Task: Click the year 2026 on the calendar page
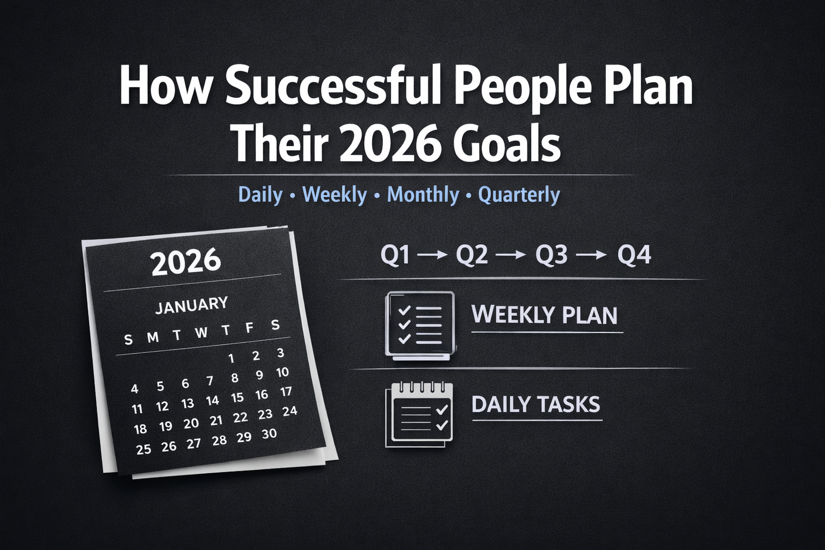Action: click(186, 262)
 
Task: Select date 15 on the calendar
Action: click(237, 398)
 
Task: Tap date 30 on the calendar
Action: click(269, 434)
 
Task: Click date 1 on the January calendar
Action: click(231, 358)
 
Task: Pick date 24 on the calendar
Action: click(290, 411)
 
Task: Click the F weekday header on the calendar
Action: click(249, 328)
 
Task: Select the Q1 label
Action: click(395, 255)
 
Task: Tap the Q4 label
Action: click(634, 255)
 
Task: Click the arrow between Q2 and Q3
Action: click(512, 256)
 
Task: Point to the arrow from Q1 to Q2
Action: click(432, 256)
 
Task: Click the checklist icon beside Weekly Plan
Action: click(419, 325)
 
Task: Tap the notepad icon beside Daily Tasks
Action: click(419, 415)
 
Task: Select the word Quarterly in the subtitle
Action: click(519, 194)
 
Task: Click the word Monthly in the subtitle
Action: click(423, 194)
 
